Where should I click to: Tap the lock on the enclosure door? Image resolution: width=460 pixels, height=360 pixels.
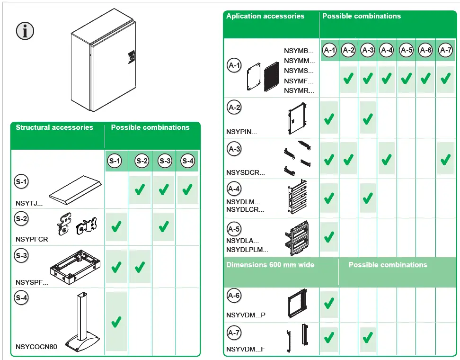pos(131,58)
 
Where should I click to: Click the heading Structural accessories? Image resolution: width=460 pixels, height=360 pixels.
pos(54,127)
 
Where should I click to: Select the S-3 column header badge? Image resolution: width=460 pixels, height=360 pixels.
pos(165,161)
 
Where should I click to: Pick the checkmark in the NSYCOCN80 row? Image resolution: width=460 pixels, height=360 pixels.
pos(116,323)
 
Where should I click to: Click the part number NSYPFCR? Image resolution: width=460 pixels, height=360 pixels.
pos(32,239)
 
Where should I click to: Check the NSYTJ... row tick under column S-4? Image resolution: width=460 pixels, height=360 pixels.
pos(187,190)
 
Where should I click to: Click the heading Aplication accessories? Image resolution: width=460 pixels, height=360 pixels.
pos(265,16)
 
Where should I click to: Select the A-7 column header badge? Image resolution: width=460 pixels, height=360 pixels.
pos(445,50)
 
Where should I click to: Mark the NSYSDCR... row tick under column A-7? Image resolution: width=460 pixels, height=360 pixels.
pos(445,160)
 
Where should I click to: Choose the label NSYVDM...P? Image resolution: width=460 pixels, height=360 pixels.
pos(246,315)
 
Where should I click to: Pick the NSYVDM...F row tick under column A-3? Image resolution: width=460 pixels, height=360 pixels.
pos(367,338)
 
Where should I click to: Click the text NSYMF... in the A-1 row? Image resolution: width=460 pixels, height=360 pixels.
pos(299,81)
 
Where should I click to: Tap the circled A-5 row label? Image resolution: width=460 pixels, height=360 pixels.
pos(234,229)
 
